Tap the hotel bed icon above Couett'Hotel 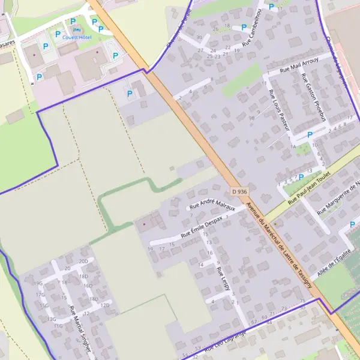pyautogui.click(x=74, y=29)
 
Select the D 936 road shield pyautogui.click(x=239, y=191)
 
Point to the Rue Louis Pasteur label pyautogui.click(x=280, y=110)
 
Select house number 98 pyautogui.click(x=251, y=118)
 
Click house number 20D pyautogui.click(x=83, y=262)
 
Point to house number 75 pyautogui.click(x=302, y=300)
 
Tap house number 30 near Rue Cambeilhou pyautogui.click(x=199, y=37)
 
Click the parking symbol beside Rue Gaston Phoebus pyautogui.click(x=310, y=134)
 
